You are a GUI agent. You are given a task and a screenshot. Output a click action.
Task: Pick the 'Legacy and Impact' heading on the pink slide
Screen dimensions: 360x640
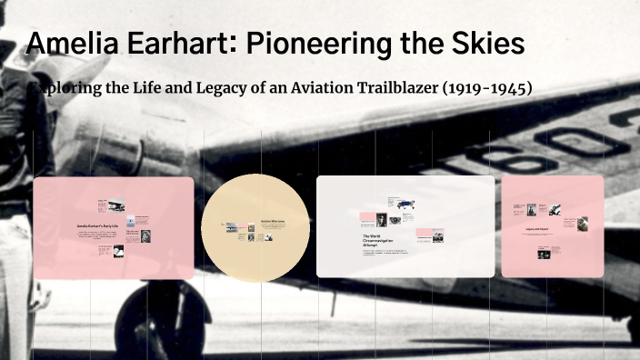[x=542, y=229]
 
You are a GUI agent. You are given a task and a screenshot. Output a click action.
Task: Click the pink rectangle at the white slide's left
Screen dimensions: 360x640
[x=367, y=218]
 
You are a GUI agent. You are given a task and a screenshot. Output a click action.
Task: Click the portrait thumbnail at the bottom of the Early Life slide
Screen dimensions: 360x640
[x=118, y=251]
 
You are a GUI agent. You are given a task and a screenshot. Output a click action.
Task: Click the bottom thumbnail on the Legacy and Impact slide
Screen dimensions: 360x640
[x=543, y=255]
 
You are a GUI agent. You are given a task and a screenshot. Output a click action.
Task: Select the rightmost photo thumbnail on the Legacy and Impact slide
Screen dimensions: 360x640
[x=581, y=222]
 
